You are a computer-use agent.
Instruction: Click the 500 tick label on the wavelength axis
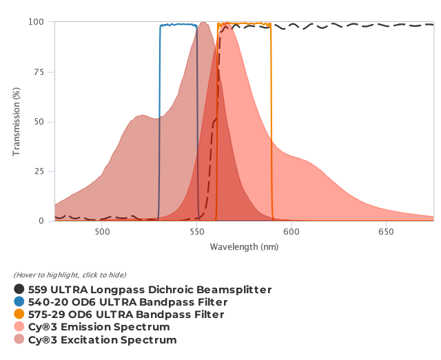tap(102, 232)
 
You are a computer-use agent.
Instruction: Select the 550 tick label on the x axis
tap(197, 232)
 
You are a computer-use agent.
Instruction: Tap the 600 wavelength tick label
tap(291, 232)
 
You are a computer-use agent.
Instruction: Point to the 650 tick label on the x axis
tap(387, 232)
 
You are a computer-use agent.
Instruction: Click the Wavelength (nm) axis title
tap(244, 246)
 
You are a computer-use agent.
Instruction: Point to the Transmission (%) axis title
tap(17, 122)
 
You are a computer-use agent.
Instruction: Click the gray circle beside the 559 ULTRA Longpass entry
tap(19, 290)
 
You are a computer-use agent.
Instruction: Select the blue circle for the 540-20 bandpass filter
tap(19, 302)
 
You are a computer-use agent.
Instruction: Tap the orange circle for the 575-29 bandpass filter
tap(19, 315)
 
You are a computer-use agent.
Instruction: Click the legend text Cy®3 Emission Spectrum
tap(99, 327)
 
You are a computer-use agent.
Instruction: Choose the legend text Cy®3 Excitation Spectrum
tap(103, 340)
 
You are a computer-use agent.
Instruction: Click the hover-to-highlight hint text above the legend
tap(70, 275)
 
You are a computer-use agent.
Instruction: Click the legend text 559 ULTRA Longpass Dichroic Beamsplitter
tap(150, 290)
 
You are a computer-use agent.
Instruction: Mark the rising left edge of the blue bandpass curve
tap(159, 124)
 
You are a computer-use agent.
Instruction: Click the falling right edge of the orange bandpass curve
tap(271, 124)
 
